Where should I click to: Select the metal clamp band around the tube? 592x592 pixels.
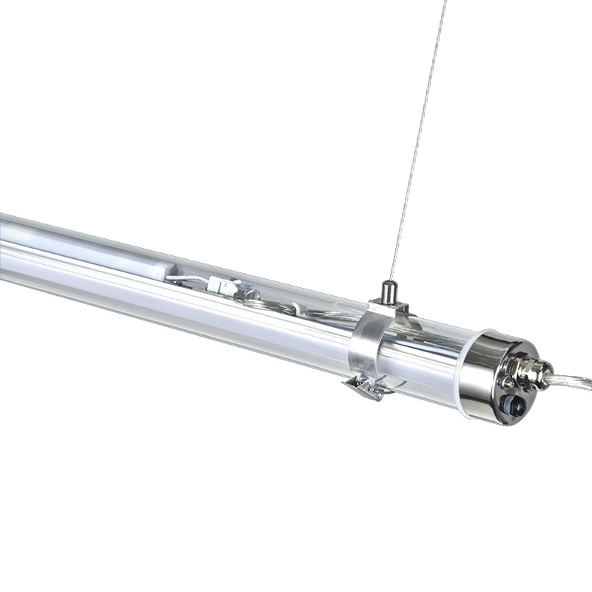[363, 344]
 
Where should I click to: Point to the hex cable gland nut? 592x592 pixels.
[537, 371]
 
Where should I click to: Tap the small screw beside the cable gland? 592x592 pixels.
[508, 383]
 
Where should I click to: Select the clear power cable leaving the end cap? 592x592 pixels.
[573, 382]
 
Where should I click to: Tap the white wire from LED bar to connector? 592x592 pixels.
[189, 280]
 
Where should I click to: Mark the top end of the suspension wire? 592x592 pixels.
[446, 2]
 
